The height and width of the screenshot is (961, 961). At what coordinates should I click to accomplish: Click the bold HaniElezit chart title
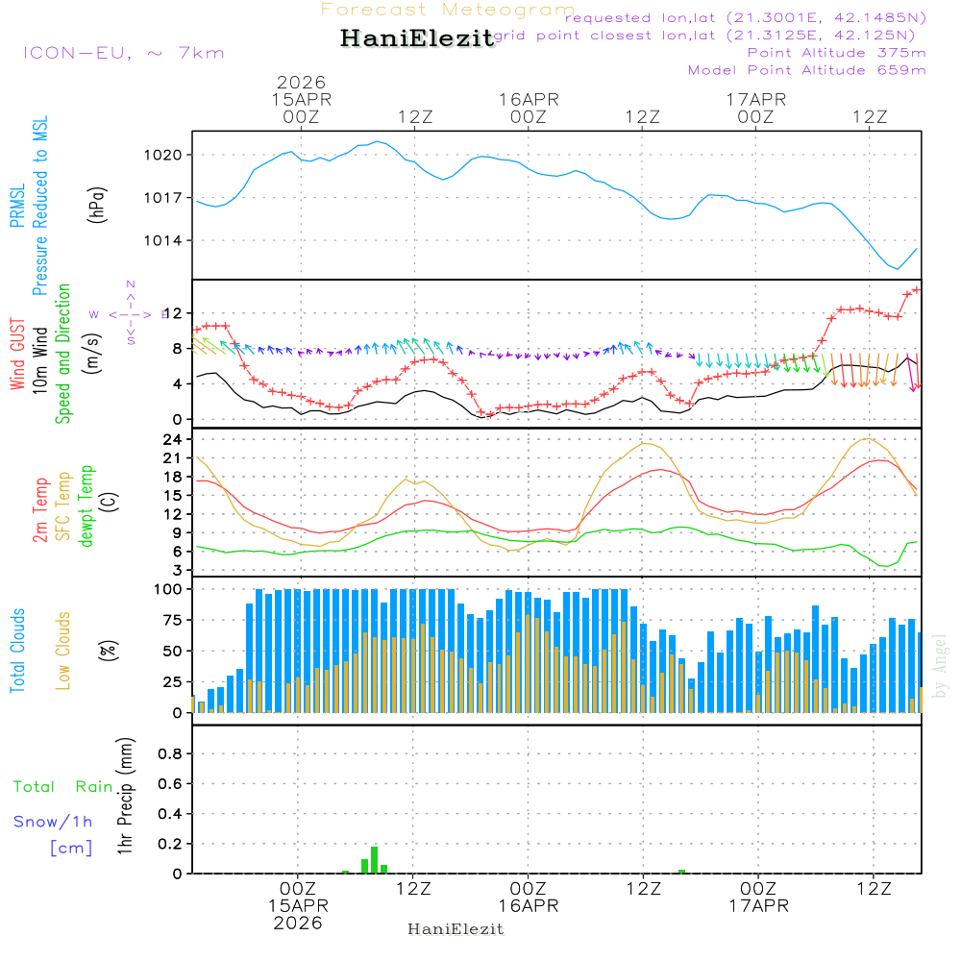[x=417, y=38]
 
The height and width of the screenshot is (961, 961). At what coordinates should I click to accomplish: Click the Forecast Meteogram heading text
[x=448, y=11]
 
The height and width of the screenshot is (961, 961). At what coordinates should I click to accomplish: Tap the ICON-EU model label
[x=123, y=52]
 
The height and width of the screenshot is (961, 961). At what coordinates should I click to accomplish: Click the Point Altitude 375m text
[x=836, y=52]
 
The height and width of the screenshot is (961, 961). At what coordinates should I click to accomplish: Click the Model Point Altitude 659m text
[x=807, y=70]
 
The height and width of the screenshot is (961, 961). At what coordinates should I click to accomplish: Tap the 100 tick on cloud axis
[x=169, y=589]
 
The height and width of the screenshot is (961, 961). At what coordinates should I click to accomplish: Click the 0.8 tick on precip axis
[x=170, y=754]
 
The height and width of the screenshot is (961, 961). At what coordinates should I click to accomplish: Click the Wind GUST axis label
[x=17, y=355]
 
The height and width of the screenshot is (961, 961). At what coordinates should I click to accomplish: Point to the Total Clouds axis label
[x=17, y=651]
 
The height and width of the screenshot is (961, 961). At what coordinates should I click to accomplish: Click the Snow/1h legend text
[x=54, y=822]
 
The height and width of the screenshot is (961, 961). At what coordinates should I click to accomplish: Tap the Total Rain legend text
[x=63, y=786]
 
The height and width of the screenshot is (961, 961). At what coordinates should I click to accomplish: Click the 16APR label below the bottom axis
[x=528, y=906]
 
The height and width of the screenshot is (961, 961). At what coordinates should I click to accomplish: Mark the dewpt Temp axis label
[x=86, y=506]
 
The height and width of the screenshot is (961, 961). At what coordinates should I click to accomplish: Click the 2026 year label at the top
[x=302, y=83]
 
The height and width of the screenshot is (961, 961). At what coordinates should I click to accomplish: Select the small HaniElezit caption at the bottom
[x=456, y=929]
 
